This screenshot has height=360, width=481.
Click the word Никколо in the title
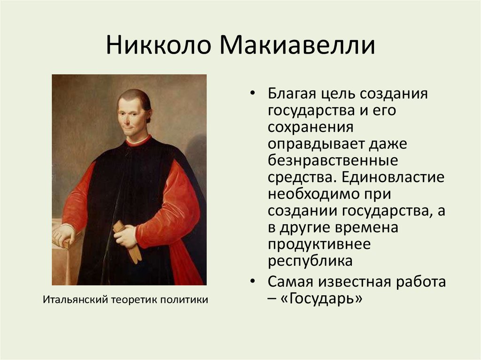point(159,45)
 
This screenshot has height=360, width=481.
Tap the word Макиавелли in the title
point(297,45)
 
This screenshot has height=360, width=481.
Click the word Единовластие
point(392,177)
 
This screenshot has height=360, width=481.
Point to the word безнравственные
point(333,161)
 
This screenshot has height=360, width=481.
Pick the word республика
point(310,261)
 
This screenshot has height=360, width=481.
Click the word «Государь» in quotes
point(321,298)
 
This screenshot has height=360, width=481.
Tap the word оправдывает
point(316,144)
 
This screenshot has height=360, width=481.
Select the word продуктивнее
point(319,245)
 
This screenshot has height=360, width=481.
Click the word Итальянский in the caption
point(76,299)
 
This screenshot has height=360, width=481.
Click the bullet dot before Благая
point(252,93)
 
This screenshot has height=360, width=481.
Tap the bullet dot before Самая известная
point(252,281)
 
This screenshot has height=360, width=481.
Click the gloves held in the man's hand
point(127,241)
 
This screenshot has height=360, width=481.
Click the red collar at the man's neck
point(138,141)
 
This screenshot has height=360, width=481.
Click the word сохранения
point(310,127)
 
